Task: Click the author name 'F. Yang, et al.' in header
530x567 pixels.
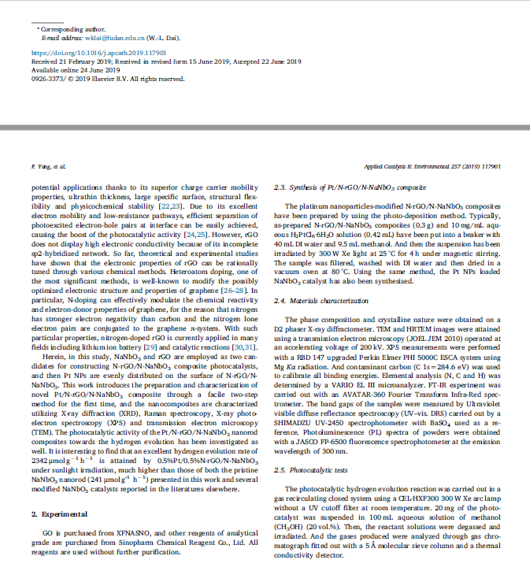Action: click(x=46, y=167)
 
